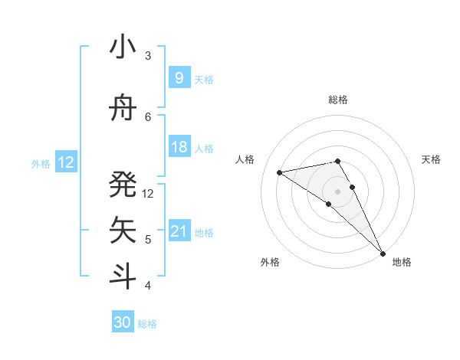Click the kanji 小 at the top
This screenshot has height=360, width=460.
[x=123, y=47]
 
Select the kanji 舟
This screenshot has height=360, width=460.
[x=123, y=109]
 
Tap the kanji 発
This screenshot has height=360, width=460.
[x=123, y=184]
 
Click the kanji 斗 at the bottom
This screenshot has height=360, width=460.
[x=123, y=277]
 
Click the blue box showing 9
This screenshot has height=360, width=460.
[x=179, y=78]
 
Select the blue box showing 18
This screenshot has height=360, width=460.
[x=179, y=147]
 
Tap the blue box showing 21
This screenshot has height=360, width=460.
[x=179, y=231]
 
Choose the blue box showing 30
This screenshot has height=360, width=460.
[x=122, y=322]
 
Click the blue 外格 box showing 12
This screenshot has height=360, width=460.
[x=66, y=162]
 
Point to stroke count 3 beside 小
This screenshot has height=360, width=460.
[x=148, y=56]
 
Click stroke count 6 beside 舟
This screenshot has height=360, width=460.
[x=148, y=117]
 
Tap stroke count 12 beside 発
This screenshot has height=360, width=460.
[x=148, y=193]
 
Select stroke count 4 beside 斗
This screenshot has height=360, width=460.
[x=148, y=286]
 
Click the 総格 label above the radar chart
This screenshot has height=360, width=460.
[x=337, y=100]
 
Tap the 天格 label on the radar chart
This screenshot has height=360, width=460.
[x=431, y=159]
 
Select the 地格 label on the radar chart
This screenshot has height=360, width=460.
[x=402, y=262]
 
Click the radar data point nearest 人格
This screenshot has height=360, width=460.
[x=280, y=172]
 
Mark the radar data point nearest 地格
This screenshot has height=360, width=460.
[x=382, y=252]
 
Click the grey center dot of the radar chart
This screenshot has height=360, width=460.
[x=337, y=191]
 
